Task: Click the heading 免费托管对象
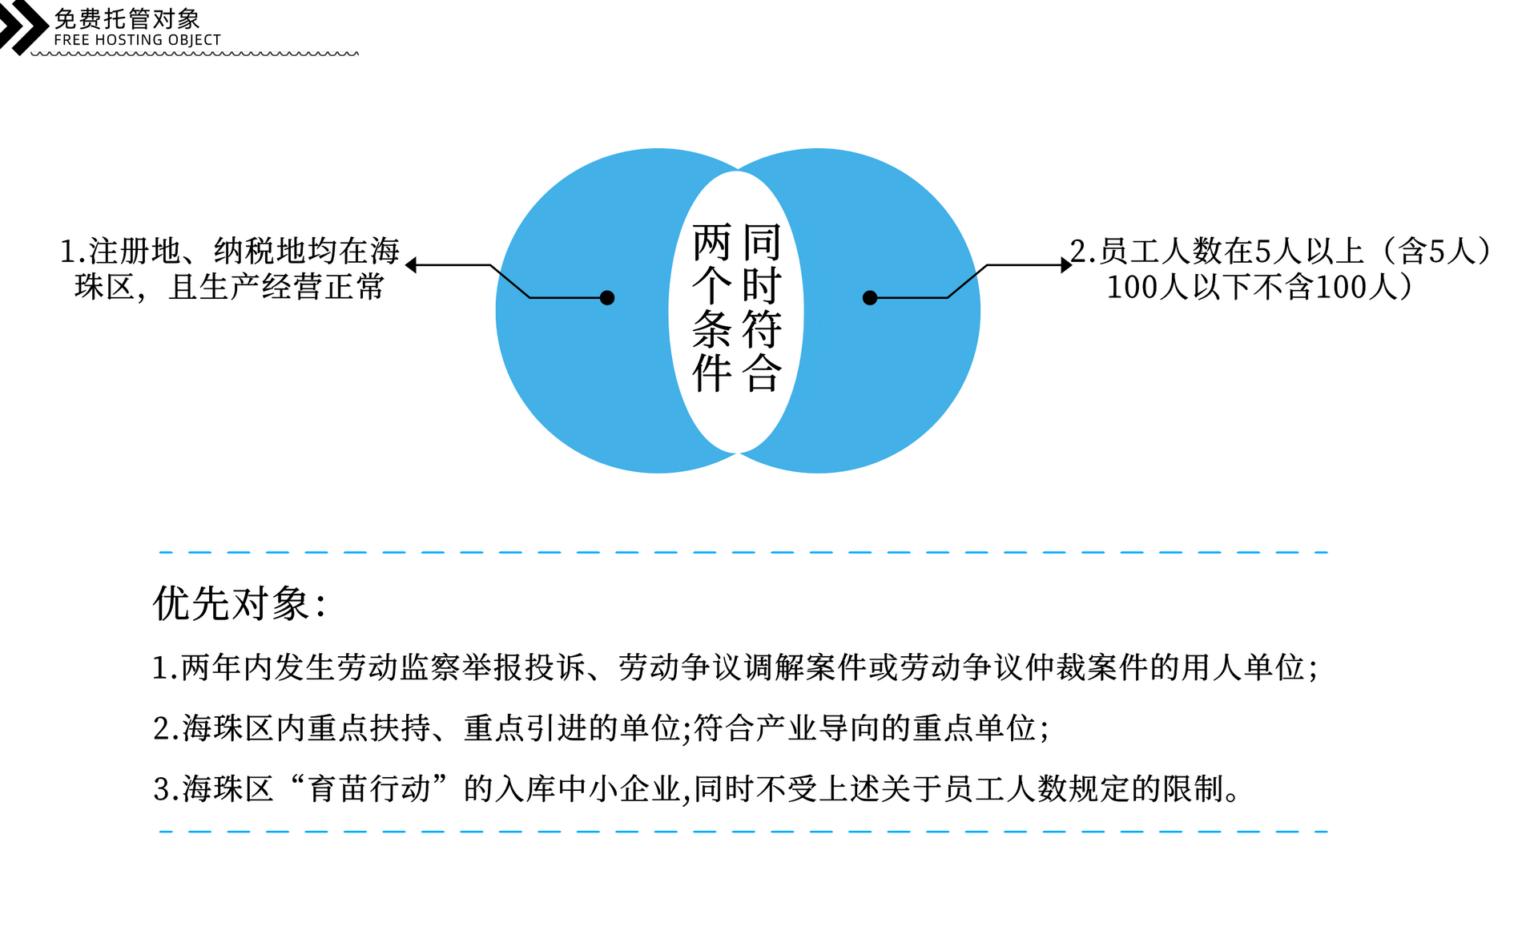pyautogui.click(x=127, y=18)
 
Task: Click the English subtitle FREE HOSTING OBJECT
pyautogui.click(x=137, y=40)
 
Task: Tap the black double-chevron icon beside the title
pyautogui.click(x=24, y=27)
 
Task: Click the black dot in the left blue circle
pyautogui.click(x=607, y=298)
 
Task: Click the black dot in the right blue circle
pyautogui.click(x=870, y=298)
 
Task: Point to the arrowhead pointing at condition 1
pyautogui.click(x=411, y=265)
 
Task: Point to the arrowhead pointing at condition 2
pyautogui.click(x=1066, y=265)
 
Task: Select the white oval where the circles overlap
pyautogui.click(x=736, y=312)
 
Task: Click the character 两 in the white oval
pyautogui.click(x=712, y=242)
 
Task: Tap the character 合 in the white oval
pyautogui.click(x=762, y=373)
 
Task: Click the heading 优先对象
pyautogui.click(x=240, y=603)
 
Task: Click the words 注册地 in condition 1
pyautogui.click(x=135, y=251)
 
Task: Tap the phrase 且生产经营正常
pyautogui.click(x=277, y=287)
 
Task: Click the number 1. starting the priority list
pyautogui.click(x=165, y=667)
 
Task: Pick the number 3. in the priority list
pyautogui.click(x=166, y=789)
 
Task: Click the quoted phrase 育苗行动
pyautogui.click(x=369, y=788)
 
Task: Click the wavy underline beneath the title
pyautogui.click(x=195, y=54)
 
